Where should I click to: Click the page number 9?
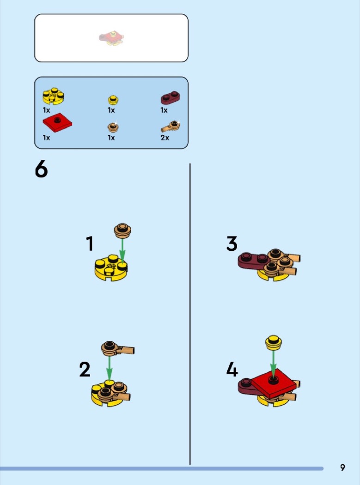pyautogui.click(x=342, y=467)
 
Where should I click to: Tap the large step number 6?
pyautogui.click(x=41, y=169)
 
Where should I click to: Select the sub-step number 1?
pyautogui.click(x=90, y=243)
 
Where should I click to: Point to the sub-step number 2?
pyautogui.click(x=85, y=370)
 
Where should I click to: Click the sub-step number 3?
pyautogui.click(x=232, y=243)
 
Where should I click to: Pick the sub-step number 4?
pyautogui.click(x=232, y=370)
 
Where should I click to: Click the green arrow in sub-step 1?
pyautogui.click(x=122, y=250)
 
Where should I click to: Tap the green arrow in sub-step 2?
pyautogui.click(x=109, y=369)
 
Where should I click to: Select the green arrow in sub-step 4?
pyautogui.click(x=273, y=364)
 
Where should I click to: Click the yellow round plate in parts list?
pyautogui.click(x=53, y=96)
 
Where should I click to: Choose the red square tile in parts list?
pyautogui.click(x=57, y=124)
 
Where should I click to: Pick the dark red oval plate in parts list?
pyautogui.click(x=170, y=97)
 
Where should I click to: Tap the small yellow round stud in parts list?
pyautogui.click(x=113, y=100)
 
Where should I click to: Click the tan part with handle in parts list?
pyautogui.click(x=171, y=126)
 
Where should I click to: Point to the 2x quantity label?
pyautogui.click(x=165, y=138)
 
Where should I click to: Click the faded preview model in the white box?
pyautogui.click(x=111, y=38)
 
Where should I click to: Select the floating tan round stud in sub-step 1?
pyautogui.click(x=122, y=231)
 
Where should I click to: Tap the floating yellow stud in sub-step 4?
pyautogui.click(x=273, y=342)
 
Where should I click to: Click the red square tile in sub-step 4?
pyautogui.click(x=274, y=383)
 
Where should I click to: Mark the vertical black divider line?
pyautogui.click(x=190, y=314)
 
